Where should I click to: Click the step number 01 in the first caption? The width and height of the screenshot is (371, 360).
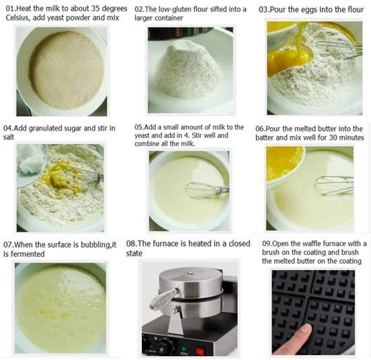pyautogui.click(x=10, y=9)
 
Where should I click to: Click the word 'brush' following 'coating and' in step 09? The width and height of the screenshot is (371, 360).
pyautogui.click(x=349, y=252)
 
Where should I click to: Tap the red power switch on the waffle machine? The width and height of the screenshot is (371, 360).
pyautogui.click(x=200, y=351)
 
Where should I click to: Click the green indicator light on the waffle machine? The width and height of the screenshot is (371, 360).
pyautogui.click(x=183, y=349)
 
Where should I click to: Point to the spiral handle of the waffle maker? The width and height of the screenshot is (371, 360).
pyautogui.click(x=164, y=298)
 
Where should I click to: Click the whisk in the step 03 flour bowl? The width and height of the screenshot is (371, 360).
pyautogui.click(x=339, y=50)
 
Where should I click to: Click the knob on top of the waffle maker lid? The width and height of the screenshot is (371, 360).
pyautogui.click(x=191, y=273)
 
